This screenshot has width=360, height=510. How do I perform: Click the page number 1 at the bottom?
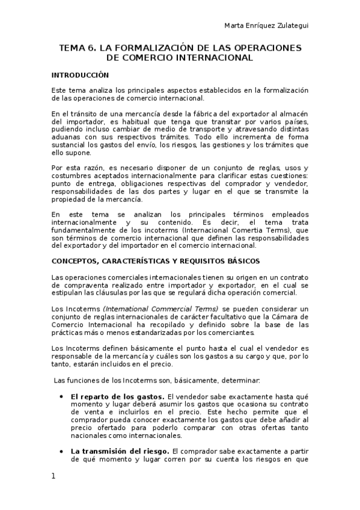[53, 476]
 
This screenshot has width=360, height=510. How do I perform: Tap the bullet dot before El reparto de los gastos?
[62, 397]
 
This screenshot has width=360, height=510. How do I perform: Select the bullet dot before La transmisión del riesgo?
[62, 450]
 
